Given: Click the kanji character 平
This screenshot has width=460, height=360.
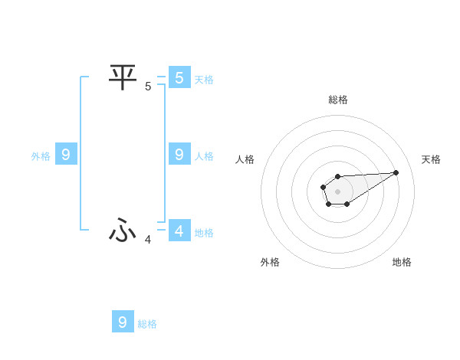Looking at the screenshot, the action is click(x=123, y=77).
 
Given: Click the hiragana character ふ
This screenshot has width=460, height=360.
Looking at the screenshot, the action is click(x=123, y=229).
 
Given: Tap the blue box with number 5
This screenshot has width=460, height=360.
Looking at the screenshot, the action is click(x=179, y=77).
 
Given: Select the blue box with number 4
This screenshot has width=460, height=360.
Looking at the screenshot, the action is click(x=179, y=230).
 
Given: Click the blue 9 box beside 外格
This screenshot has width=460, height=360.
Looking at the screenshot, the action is click(x=66, y=155).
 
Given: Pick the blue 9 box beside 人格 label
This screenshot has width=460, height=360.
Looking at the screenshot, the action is click(x=179, y=155).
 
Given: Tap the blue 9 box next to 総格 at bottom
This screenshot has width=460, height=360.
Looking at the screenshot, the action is click(x=123, y=322).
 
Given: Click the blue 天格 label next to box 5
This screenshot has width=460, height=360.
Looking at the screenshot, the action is click(x=203, y=80).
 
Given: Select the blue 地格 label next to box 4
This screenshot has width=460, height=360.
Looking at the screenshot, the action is click(x=203, y=233).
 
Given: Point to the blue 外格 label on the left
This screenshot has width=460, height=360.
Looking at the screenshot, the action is click(x=41, y=157).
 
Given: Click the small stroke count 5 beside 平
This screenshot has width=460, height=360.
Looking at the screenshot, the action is click(x=148, y=87).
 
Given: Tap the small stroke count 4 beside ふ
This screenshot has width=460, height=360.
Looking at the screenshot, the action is click(x=148, y=240).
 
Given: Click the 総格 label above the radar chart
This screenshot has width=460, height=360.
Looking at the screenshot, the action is click(x=337, y=100).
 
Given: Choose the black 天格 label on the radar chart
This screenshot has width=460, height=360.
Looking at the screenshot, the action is click(x=431, y=159).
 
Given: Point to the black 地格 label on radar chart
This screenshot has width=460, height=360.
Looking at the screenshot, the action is click(x=402, y=263).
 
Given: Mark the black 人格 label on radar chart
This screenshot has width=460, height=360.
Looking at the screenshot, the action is click(x=245, y=159).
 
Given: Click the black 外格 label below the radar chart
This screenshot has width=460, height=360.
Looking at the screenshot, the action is click(x=270, y=263).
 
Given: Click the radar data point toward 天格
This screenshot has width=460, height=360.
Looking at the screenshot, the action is click(x=396, y=172).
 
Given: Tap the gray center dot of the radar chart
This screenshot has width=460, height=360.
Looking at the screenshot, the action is click(x=337, y=191).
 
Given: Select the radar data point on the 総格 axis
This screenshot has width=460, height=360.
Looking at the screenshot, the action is click(x=337, y=177).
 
